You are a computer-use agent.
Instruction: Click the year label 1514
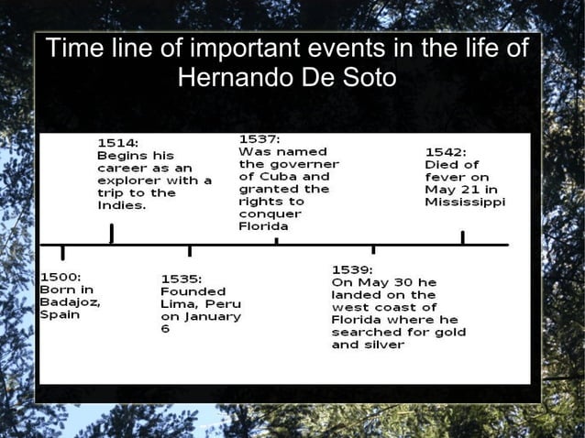point(118,143)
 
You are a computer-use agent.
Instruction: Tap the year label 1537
point(259,137)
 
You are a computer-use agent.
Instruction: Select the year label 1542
point(446,152)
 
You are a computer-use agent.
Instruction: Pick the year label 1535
point(182,278)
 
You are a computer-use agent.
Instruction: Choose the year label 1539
point(352,269)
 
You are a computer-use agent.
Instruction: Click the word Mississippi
point(465,203)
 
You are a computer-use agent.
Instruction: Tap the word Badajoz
point(70,301)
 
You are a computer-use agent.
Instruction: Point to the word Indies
point(121,206)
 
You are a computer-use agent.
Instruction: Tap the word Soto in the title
point(368,78)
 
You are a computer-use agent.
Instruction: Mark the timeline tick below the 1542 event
point(462,237)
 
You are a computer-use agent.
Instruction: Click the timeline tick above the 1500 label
point(62,252)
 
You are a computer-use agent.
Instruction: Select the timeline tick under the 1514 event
point(112,234)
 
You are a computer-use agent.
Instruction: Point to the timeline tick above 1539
point(372,248)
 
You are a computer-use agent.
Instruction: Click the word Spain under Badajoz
point(60,314)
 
